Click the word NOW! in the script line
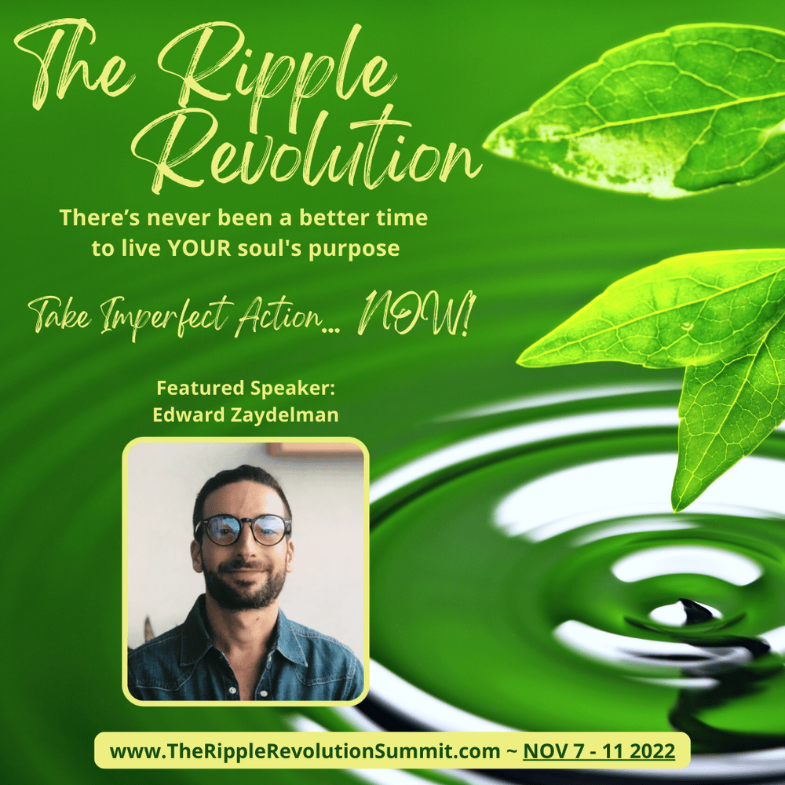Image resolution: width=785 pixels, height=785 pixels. (415, 315)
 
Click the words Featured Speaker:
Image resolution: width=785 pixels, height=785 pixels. (246, 388)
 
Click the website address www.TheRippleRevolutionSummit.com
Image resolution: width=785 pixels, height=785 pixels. (305, 751)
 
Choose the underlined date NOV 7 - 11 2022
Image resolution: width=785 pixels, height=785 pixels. (599, 751)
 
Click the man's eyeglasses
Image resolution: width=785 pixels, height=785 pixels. (243, 530)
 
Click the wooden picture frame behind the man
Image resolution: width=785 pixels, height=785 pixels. (315, 449)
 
